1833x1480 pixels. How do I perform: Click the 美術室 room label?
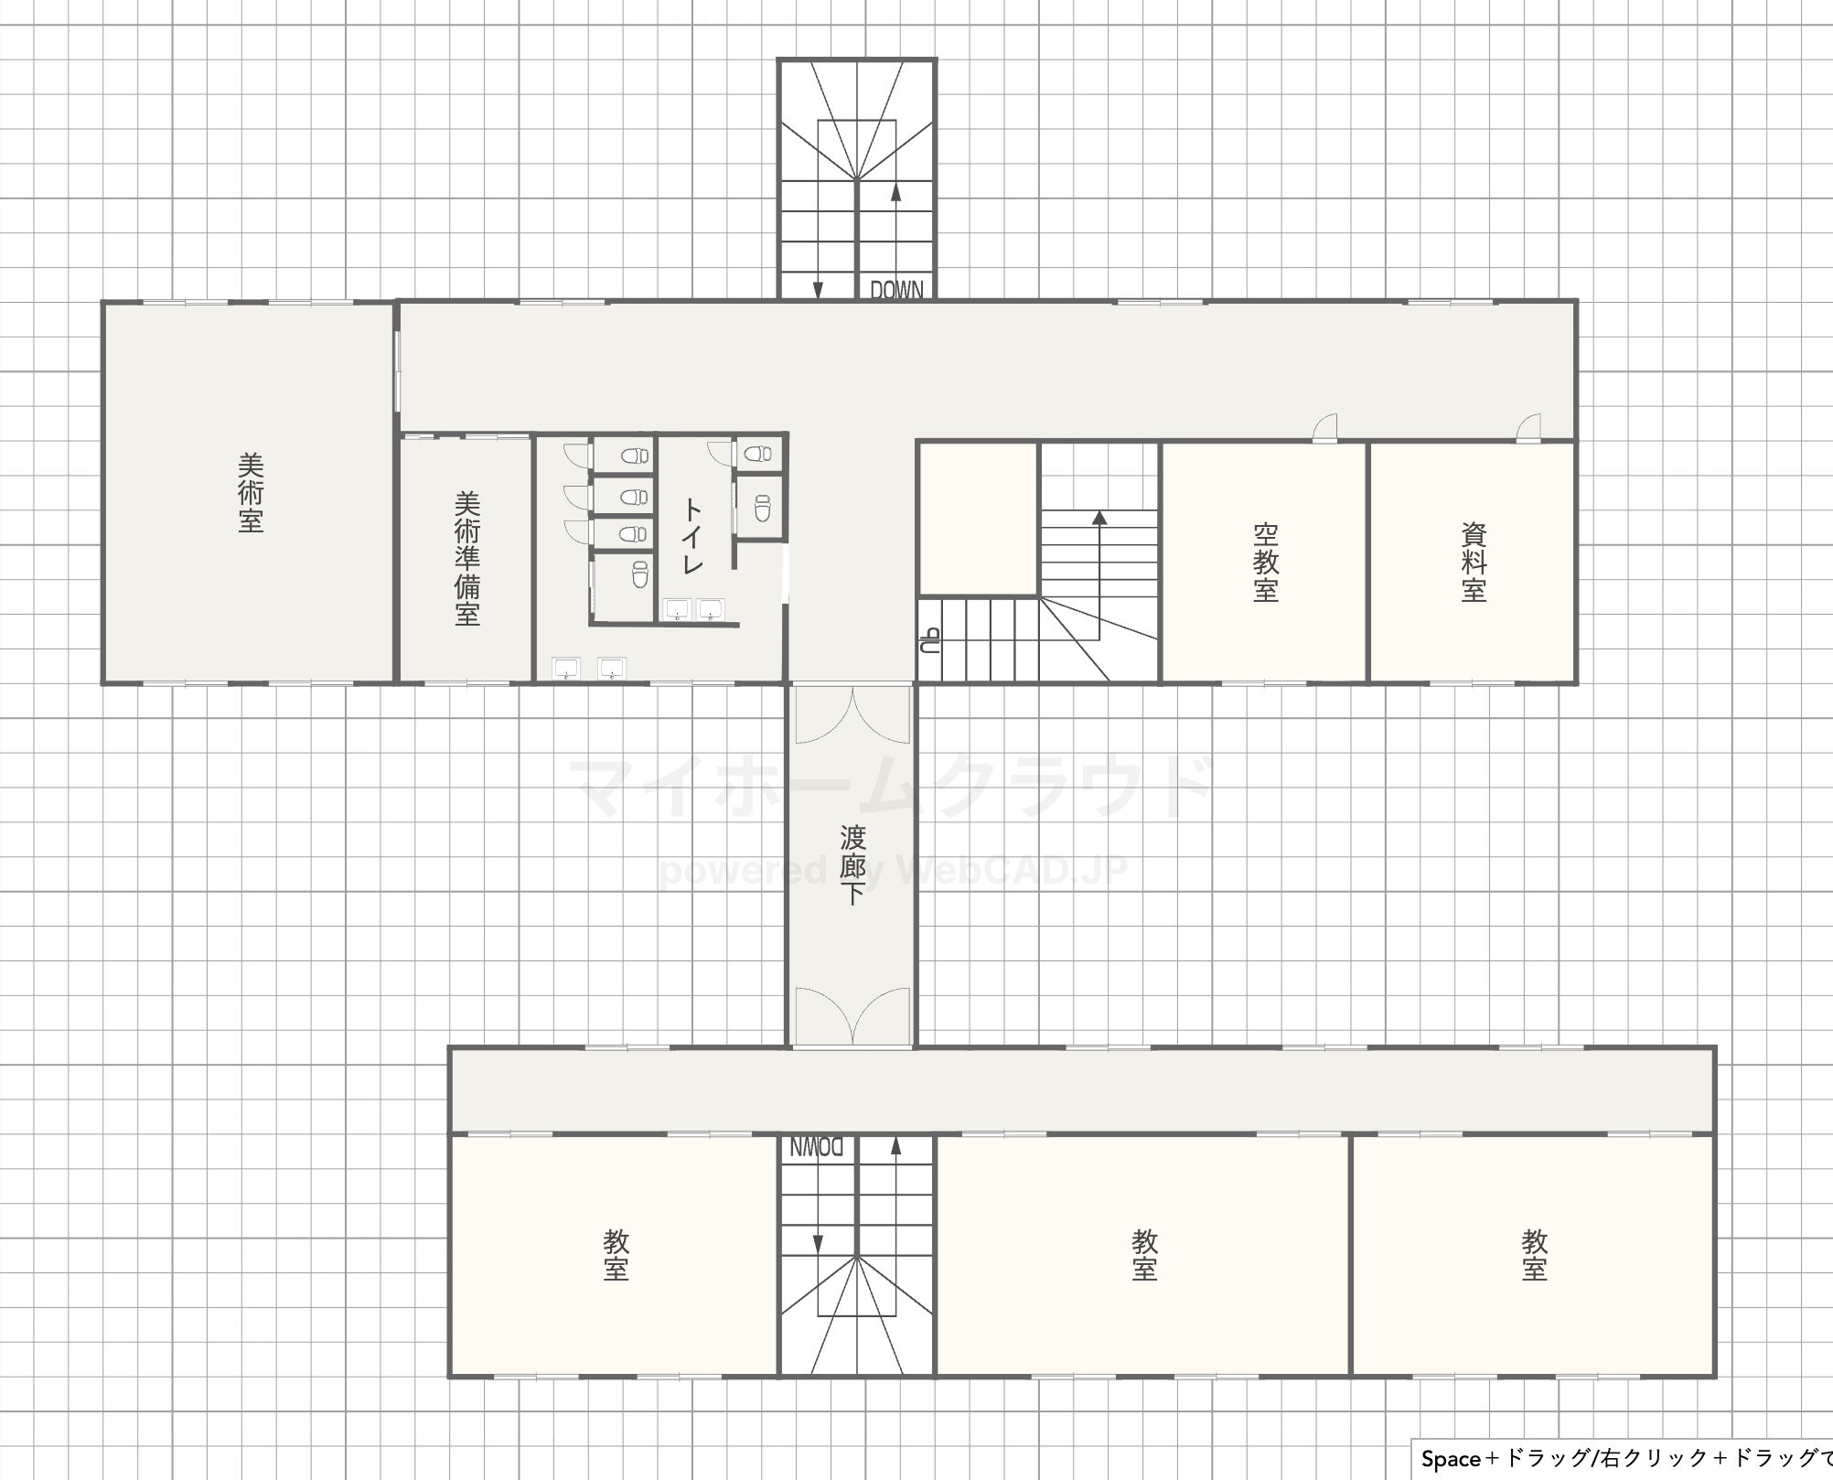pos(251,494)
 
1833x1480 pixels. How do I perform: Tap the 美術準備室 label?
pos(467,560)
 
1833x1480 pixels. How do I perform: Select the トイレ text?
pos(692,537)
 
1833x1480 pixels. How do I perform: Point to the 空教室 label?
pos(1266,563)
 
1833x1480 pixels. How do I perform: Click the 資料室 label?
pos(1474,563)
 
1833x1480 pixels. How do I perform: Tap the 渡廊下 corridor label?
pos(852,865)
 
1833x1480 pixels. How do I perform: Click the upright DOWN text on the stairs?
pos(896,290)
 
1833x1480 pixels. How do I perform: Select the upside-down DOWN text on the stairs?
pos(816,1147)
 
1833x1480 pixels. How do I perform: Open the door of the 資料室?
pos(1528,429)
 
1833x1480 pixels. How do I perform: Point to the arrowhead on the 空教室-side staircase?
pos(1099,518)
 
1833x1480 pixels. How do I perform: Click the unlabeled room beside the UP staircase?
pos(978,519)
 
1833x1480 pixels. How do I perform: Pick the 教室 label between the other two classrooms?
pos(1145,1255)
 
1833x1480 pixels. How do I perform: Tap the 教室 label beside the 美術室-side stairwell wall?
pos(616,1255)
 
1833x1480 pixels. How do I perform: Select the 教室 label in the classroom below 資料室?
pos(1535,1255)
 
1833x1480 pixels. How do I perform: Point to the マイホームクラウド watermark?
pos(892,787)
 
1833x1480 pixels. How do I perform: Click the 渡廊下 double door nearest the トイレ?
pos(852,714)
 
